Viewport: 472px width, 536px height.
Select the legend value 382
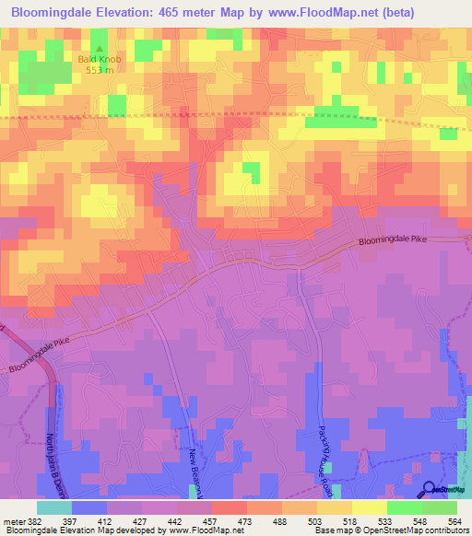coord(33,521)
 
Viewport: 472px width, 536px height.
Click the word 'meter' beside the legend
coord(13,521)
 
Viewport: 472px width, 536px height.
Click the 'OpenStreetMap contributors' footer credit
coord(419,530)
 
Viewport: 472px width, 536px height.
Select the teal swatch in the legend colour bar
coord(53,507)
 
